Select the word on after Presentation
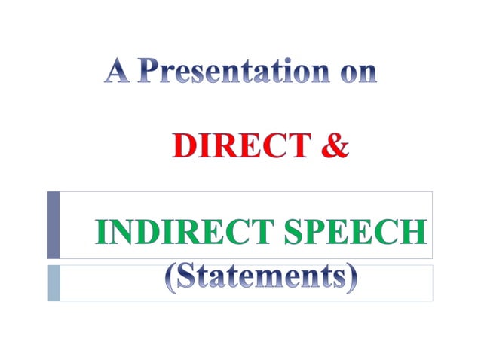click(x=354, y=73)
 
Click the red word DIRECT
click(x=240, y=145)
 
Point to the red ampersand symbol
click(x=335, y=145)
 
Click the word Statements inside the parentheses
click(x=261, y=277)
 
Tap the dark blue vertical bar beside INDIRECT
click(x=53, y=224)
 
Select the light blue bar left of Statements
click(x=53, y=282)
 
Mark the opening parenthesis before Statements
click(x=170, y=279)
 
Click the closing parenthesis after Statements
click(x=351, y=279)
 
